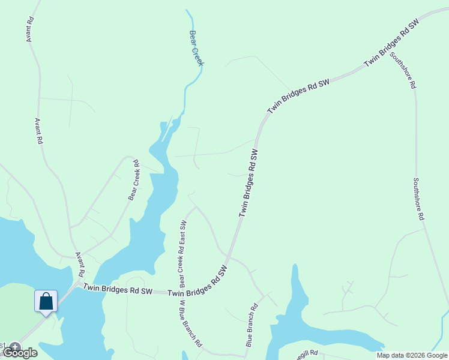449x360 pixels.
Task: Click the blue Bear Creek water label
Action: tap(197, 48)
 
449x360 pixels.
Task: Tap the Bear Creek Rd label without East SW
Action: tap(133, 179)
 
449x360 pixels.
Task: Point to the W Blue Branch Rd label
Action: tap(190, 324)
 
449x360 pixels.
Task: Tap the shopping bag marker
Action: tap(46, 302)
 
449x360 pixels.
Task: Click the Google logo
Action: tap(21, 353)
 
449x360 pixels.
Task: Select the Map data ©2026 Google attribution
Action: tap(412, 355)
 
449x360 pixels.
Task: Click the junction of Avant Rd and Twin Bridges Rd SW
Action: tap(80, 281)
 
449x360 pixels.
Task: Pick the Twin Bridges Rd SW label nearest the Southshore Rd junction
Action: tap(391, 43)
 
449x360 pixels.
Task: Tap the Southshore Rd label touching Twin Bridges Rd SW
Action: tap(402, 70)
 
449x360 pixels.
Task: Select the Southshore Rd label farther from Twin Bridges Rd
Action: tap(419, 199)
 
